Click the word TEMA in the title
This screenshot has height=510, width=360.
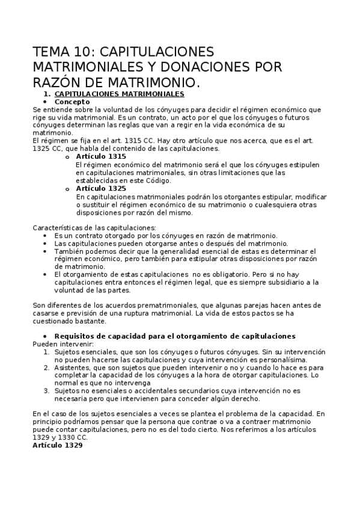click(x=50, y=51)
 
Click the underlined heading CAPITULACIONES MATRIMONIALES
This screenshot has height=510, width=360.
click(x=119, y=94)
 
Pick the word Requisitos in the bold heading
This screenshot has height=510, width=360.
click(x=75, y=336)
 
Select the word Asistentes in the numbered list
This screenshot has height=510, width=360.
click(x=73, y=367)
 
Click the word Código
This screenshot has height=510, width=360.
click(x=157, y=180)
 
